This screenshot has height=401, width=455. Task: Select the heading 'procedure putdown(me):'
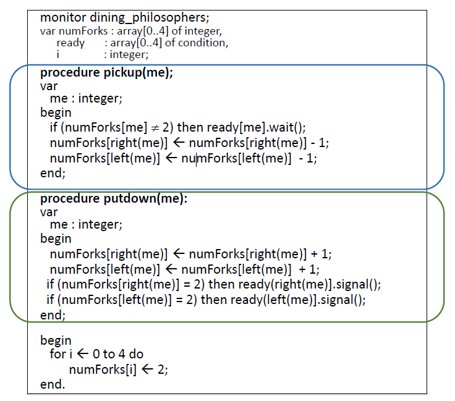[x=114, y=199]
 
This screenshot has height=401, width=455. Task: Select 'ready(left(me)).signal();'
[x=298, y=300]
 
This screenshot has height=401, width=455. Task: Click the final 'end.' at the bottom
[x=52, y=384]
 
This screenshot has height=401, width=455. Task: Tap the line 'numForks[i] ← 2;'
[x=118, y=369]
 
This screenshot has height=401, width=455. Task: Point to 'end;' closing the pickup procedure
[x=53, y=174]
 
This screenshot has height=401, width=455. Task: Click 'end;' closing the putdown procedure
[x=53, y=315]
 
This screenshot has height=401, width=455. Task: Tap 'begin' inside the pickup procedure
[x=56, y=112]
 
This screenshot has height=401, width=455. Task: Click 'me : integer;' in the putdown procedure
[x=90, y=225]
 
